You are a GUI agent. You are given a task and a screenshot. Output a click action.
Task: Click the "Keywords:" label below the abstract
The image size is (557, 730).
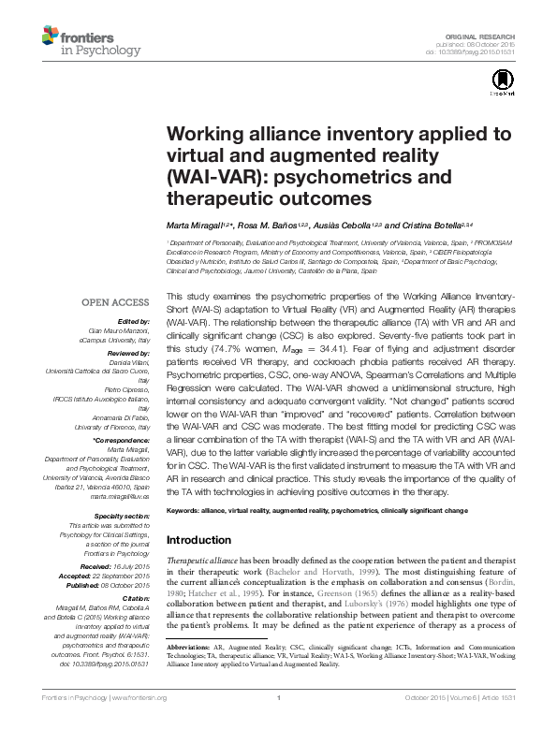185,511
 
